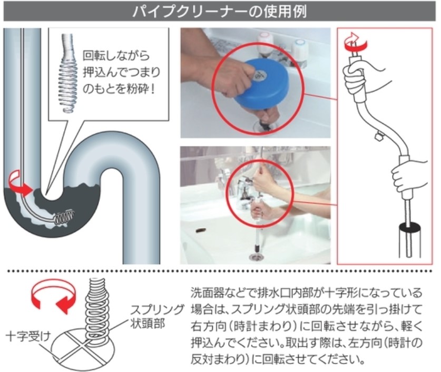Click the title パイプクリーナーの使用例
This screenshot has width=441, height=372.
click(x=219, y=12)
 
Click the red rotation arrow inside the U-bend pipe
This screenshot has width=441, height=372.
click(x=19, y=185)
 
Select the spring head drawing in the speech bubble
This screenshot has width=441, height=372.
click(x=68, y=73)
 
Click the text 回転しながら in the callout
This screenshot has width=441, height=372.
click(x=116, y=56)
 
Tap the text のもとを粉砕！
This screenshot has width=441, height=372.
click(x=119, y=90)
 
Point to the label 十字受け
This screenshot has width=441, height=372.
click(x=28, y=336)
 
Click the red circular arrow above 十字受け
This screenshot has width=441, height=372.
click(x=53, y=296)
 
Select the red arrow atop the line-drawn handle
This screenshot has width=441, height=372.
click(x=356, y=42)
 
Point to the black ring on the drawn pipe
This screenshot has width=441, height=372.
click(x=410, y=227)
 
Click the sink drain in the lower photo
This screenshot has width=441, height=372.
click(x=256, y=257)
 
